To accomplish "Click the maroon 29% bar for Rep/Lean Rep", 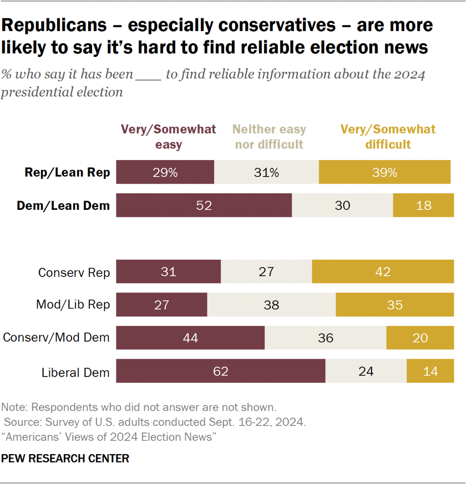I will (x=165, y=172).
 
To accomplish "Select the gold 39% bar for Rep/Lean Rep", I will (x=384, y=172).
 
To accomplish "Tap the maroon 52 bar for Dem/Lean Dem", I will (x=204, y=205).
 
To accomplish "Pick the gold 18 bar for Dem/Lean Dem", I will (x=423, y=205).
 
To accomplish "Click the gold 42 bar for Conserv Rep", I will (x=383, y=272).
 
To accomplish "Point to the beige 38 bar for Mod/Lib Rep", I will (x=271, y=305).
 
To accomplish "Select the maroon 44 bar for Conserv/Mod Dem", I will (x=190, y=337).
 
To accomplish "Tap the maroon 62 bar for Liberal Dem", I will (x=221, y=370).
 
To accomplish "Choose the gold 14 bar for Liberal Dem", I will (x=430, y=370).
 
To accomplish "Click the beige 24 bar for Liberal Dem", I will (x=366, y=370).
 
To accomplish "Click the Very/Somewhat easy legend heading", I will (x=169, y=137).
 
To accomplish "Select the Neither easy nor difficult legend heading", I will (x=270, y=137).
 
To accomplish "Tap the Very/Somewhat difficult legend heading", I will (x=388, y=137).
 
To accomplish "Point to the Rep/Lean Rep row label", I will (x=68, y=173).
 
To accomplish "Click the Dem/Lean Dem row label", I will (x=63, y=205).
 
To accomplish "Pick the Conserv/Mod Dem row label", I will (x=56, y=337).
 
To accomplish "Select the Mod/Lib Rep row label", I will (x=73, y=305).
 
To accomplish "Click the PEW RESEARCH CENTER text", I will (x=65, y=459).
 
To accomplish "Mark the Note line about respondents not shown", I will (x=138, y=407).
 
